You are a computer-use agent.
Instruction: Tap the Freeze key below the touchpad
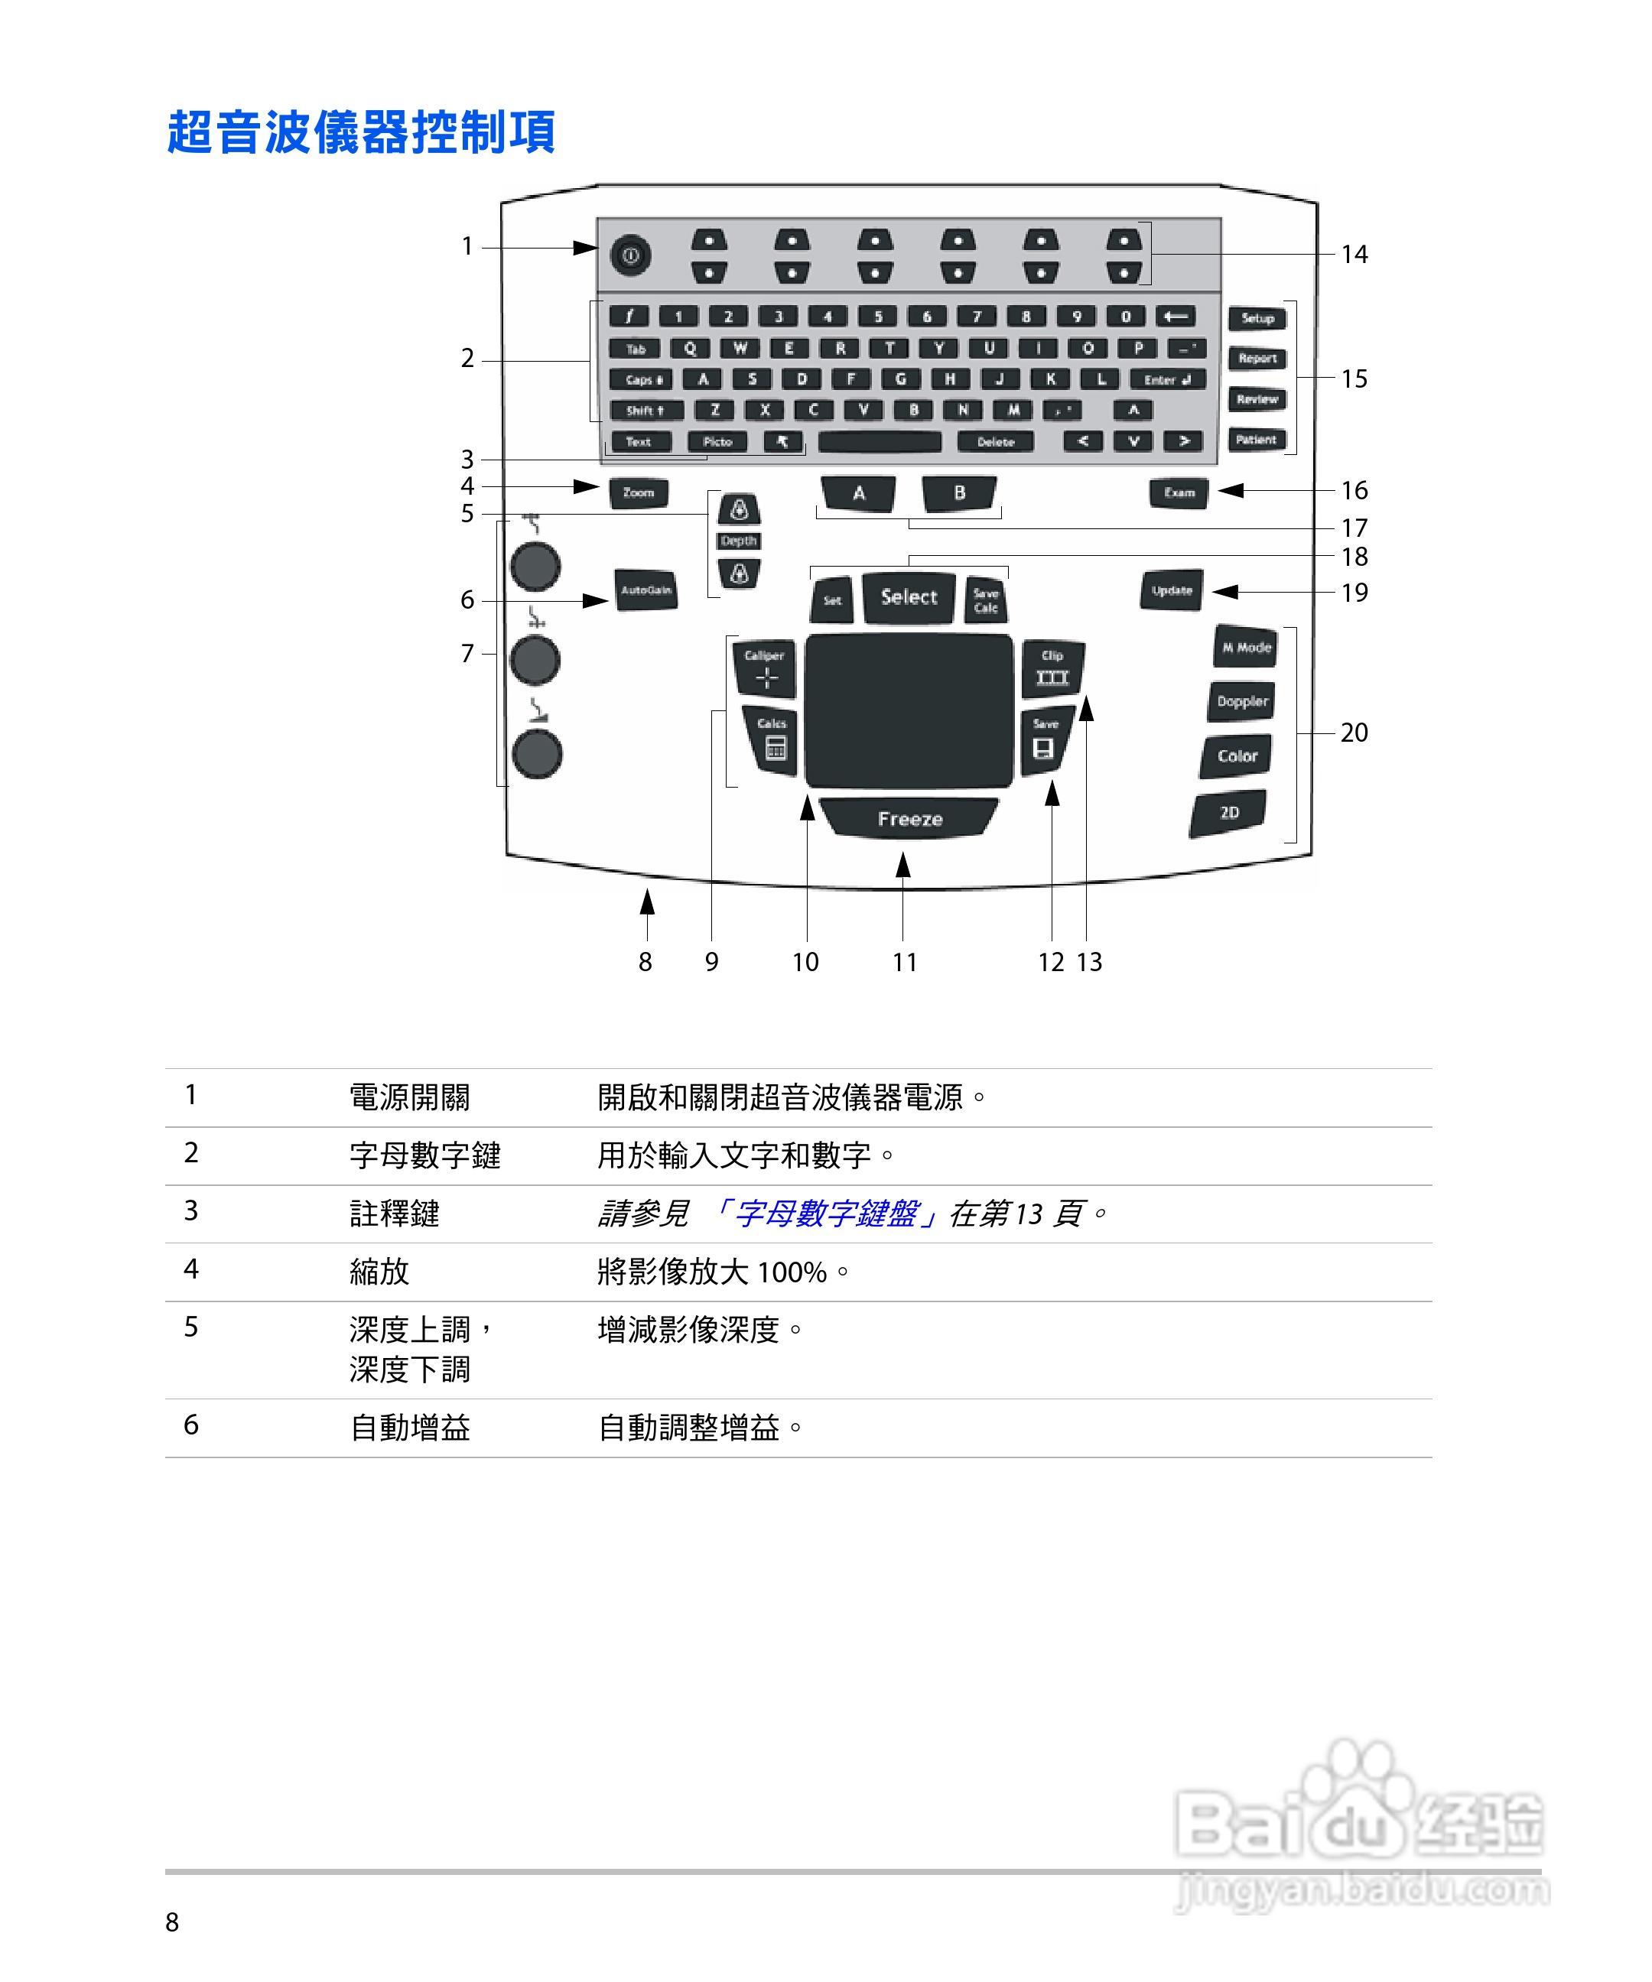(x=909, y=818)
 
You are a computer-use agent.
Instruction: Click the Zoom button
(x=638, y=492)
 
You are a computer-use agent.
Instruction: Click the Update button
(x=1172, y=591)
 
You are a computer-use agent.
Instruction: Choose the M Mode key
(x=1246, y=648)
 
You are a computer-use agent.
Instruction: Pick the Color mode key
(x=1237, y=756)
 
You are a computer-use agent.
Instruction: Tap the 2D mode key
(x=1228, y=813)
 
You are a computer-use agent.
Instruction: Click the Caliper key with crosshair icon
(x=766, y=668)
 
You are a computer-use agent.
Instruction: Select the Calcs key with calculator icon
(x=772, y=740)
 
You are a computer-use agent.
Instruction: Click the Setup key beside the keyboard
(x=1257, y=318)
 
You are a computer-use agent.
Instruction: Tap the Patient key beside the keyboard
(x=1257, y=440)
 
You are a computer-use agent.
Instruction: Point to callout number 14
(x=1354, y=255)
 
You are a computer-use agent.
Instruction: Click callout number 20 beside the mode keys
(x=1354, y=733)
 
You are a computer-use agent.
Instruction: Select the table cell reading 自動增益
(x=410, y=1428)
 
